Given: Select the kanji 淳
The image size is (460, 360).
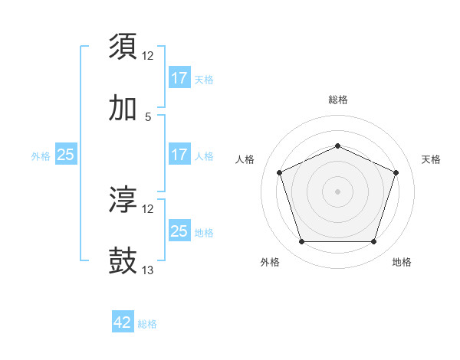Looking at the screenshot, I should pyautogui.click(x=123, y=200).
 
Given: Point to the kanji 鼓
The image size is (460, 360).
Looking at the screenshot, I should pyautogui.click(x=123, y=261).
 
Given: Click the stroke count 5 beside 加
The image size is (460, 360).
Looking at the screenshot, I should pyautogui.click(x=148, y=117).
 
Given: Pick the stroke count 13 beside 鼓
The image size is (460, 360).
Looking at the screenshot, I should pyautogui.click(x=148, y=270).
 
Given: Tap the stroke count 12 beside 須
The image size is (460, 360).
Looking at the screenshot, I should pyautogui.click(x=148, y=56).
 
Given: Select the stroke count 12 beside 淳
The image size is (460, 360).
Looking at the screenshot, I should pyautogui.click(x=148, y=209).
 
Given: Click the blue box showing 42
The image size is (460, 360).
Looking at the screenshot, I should pyautogui.click(x=123, y=322).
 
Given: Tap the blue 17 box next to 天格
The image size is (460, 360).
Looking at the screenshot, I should pyautogui.click(x=179, y=78).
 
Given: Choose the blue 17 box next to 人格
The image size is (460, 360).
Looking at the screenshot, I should pyautogui.click(x=179, y=155).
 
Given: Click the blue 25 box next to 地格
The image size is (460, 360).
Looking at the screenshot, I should pyautogui.click(x=179, y=231).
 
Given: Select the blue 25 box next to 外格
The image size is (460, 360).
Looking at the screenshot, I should pyautogui.click(x=66, y=155).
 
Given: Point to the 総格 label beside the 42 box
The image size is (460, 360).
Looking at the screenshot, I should pyautogui.click(x=148, y=324).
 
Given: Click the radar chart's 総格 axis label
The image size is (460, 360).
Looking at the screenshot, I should pyautogui.click(x=337, y=100).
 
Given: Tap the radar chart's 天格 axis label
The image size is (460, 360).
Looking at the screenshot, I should pyautogui.click(x=431, y=159).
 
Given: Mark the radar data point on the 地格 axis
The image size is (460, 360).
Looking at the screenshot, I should pyautogui.click(x=373, y=242).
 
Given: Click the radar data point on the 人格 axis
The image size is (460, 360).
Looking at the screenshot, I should pyautogui.click(x=279, y=172).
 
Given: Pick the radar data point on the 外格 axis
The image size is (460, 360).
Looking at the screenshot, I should pyautogui.click(x=301, y=242).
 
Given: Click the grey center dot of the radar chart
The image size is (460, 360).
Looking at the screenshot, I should pyautogui.click(x=337, y=191).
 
